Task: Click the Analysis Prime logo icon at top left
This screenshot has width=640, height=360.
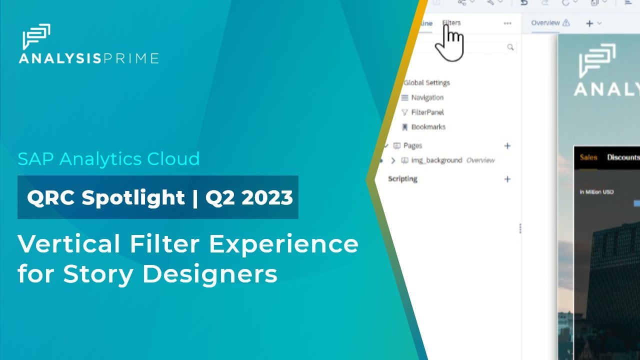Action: tap(36, 36)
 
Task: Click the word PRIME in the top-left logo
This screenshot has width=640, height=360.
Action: tap(131, 58)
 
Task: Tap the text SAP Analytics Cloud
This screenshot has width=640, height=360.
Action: tap(108, 158)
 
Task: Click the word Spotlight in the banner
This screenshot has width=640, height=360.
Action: tap(133, 197)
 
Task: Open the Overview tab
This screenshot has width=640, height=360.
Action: tap(545, 22)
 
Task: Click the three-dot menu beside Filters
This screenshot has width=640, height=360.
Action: tap(507, 23)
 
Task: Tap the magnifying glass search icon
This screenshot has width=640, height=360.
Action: tap(510, 47)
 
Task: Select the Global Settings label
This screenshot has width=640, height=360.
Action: tap(426, 82)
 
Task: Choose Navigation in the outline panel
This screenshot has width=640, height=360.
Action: tap(427, 97)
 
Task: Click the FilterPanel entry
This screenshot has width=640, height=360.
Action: tap(427, 112)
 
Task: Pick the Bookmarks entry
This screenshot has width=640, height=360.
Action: tap(428, 127)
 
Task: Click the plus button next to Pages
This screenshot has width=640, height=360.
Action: tap(507, 146)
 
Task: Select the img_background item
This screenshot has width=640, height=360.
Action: tap(436, 160)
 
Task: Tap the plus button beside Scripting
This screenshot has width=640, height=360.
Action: tap(507, 179)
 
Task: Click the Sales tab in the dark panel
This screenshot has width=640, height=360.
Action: tap(588, 157)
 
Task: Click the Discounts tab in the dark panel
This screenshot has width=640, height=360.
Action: tap(622, 157)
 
